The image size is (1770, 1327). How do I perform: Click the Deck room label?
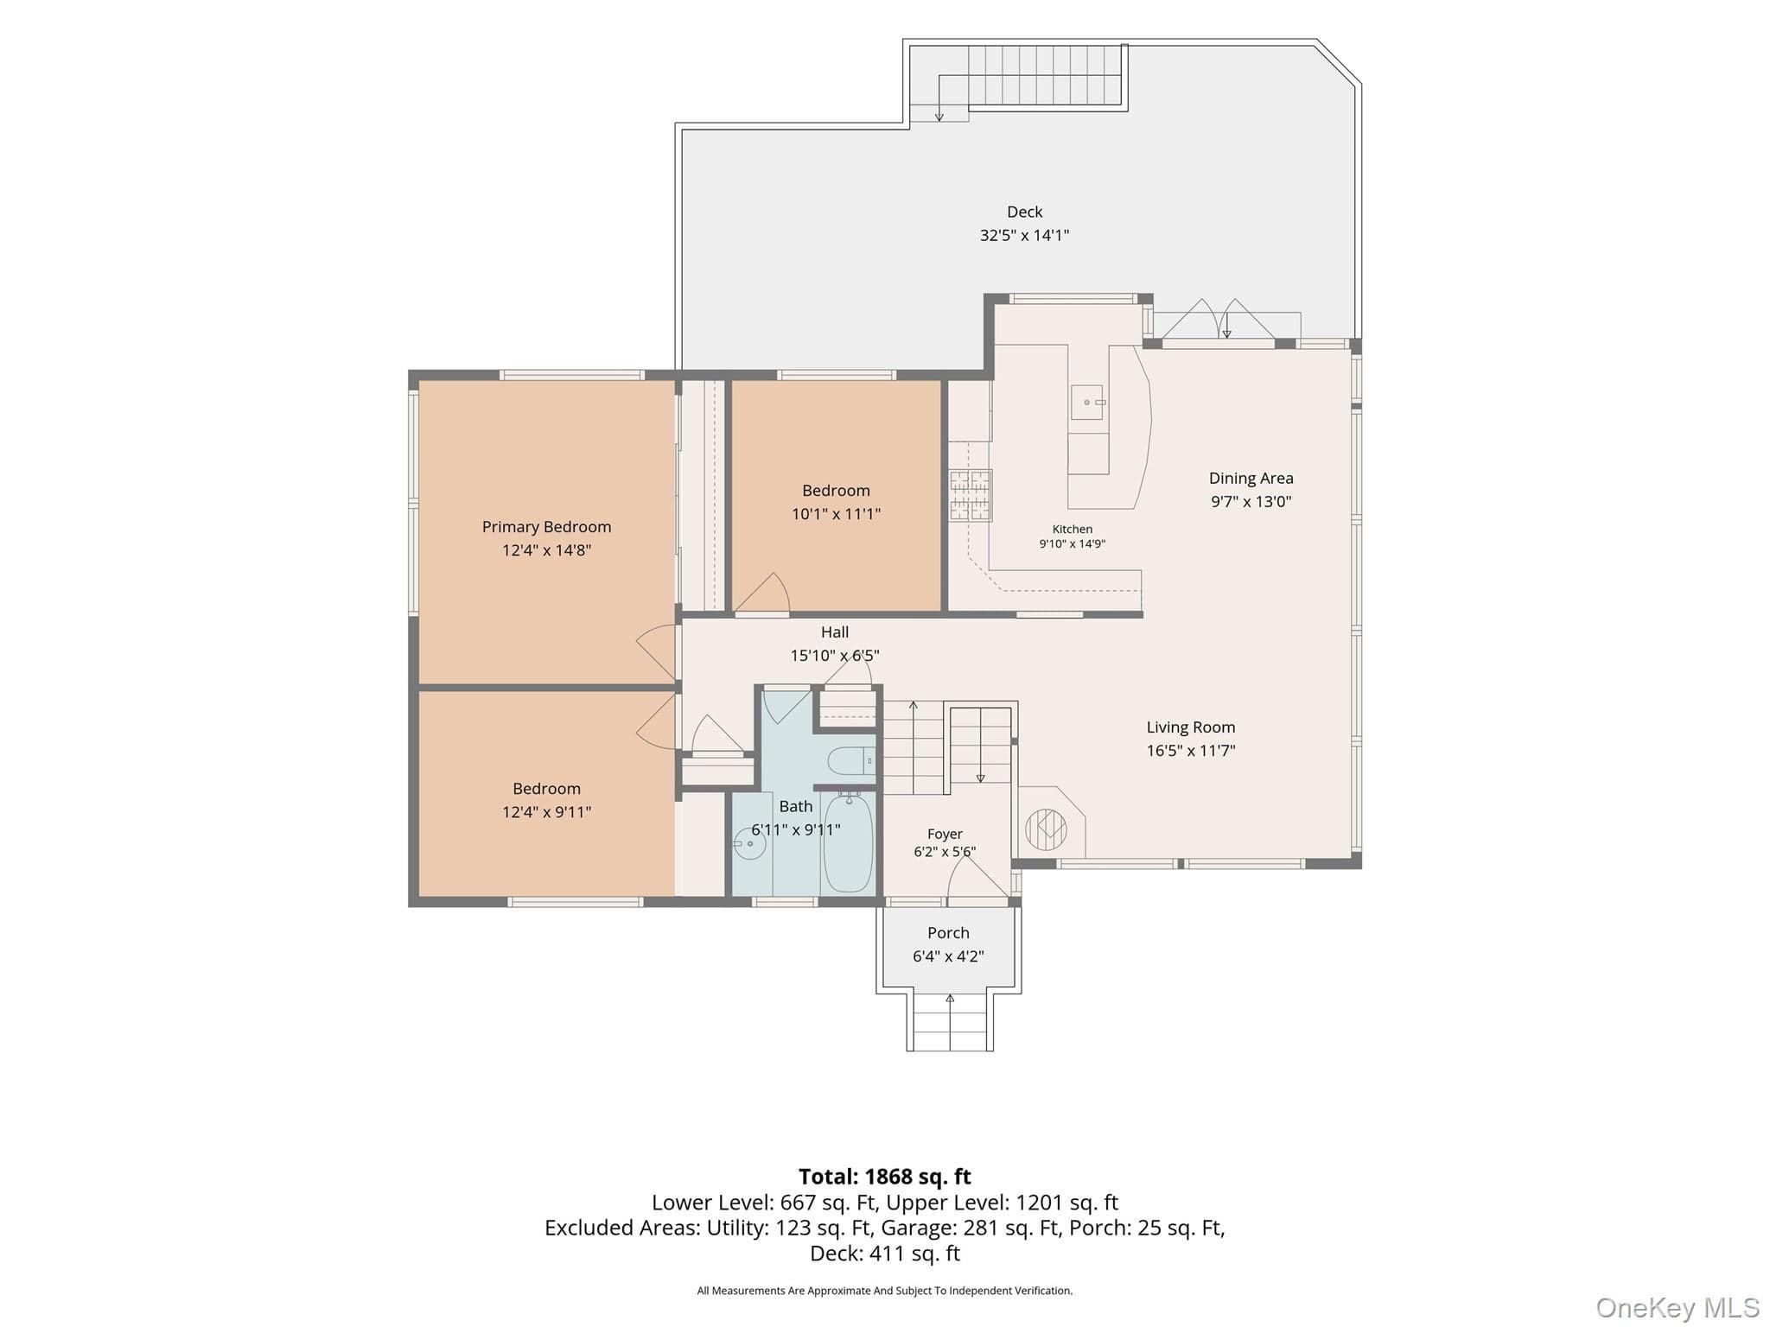(1024, 212)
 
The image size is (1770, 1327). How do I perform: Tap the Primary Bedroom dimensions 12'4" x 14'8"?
(546, 550)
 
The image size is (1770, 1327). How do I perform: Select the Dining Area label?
(1251, 479)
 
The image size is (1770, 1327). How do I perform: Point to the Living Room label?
(1190, 727)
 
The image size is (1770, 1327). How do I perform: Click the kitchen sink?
(1088, 403)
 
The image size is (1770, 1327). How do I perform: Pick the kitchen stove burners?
(971, 495)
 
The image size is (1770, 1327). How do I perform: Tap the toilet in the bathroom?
(851, 761)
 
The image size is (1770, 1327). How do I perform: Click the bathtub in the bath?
(848, 843)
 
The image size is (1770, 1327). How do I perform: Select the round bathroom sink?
(749, 843)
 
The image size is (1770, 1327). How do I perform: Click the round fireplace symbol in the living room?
(1046, 829)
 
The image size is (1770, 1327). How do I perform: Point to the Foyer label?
(945, 834)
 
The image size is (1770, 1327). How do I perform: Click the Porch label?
(948, 933)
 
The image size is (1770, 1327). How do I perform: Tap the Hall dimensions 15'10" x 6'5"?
(835, 656)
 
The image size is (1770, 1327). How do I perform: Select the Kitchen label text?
(1072, 530)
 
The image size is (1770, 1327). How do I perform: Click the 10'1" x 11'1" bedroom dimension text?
(836, 514)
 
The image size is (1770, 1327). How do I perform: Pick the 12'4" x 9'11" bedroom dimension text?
(546, 812)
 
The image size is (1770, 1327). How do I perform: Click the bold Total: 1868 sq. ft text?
(885, 1177)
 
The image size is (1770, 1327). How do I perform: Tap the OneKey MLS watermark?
(1678, 1308)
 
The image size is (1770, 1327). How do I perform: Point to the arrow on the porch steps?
(950, 1022)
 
